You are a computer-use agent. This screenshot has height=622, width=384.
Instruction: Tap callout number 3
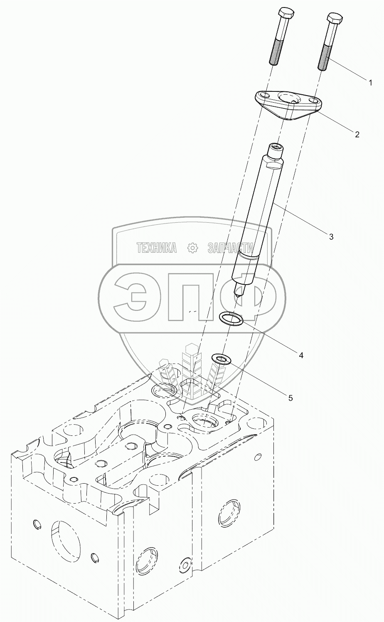[331, 237]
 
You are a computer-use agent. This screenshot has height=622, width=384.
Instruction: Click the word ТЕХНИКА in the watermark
[157, 248]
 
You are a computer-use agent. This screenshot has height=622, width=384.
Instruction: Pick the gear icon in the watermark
[192, 248]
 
